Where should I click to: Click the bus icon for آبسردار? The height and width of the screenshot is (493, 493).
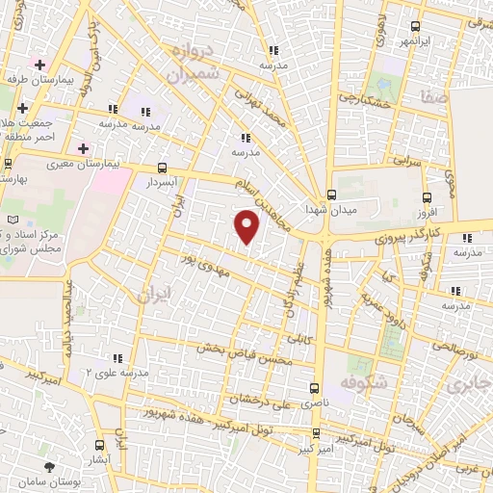coord(160,166)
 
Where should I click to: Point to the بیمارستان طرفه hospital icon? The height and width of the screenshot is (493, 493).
coord(39,65)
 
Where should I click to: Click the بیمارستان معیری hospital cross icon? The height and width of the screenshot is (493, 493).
coord(84,148)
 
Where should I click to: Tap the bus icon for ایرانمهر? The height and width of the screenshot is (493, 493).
coord(415,27)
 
